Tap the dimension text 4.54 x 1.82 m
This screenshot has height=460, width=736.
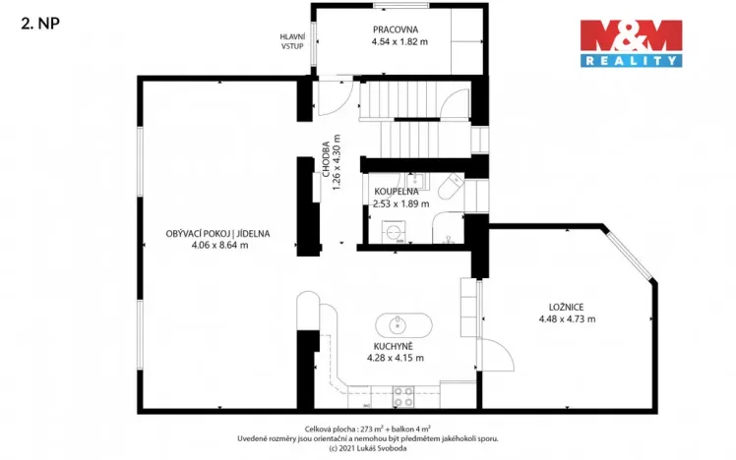coord(399,42)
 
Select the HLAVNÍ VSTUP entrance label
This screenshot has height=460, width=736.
coord(293,40)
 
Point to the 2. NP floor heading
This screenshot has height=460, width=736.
coord(38,27)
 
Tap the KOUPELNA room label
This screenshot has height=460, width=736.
coord(397,192)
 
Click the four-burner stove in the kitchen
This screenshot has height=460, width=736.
coord(403,396)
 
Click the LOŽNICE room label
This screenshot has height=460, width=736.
coord(567,307)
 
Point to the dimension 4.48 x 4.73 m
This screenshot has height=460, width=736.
coord(567,318)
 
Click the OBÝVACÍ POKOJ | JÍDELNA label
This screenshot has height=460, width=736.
coord(217,233)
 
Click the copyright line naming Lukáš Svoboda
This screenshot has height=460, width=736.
coord(367,448)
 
